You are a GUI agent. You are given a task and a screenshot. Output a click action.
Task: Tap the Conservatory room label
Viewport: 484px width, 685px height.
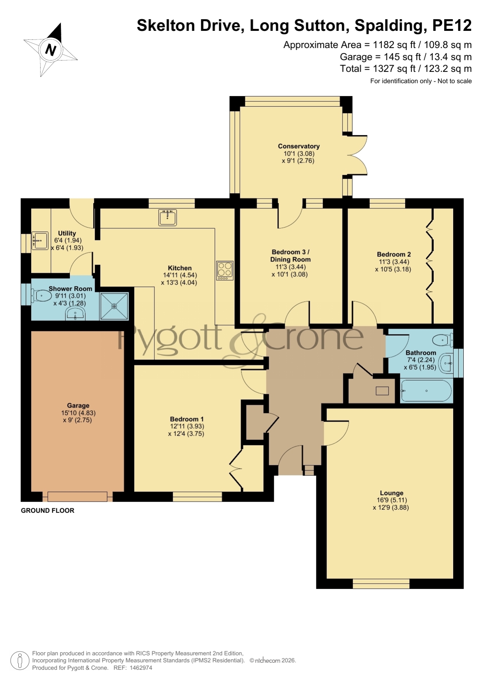coord(299,146)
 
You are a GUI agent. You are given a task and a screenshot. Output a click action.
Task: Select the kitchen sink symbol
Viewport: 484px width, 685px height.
coord(168,217)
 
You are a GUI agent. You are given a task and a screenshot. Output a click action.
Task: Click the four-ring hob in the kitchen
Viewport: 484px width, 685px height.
coord(225,270)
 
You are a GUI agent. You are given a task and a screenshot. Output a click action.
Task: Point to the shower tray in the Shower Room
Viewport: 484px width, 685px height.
coord(114,306)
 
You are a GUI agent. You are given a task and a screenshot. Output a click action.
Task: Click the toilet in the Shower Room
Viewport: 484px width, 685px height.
coord(41,296)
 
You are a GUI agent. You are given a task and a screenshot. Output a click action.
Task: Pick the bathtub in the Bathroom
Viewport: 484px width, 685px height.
coord(426,391)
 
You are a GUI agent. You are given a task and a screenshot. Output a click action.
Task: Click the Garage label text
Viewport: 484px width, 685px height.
coord(78,406)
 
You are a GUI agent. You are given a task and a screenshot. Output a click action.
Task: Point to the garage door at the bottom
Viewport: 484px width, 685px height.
coord(77,496)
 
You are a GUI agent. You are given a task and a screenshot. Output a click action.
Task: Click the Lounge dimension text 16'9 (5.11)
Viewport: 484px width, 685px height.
coord(392,500)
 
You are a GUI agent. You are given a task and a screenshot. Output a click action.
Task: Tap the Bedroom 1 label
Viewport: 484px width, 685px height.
coord(187,419)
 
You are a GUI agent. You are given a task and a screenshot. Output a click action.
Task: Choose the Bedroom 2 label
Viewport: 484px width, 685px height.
coord(394,254)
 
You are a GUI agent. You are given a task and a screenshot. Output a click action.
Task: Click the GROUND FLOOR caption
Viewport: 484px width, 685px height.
coord(48,511)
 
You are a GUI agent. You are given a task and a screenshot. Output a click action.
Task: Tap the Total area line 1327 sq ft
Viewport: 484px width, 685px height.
coord(406,69)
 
